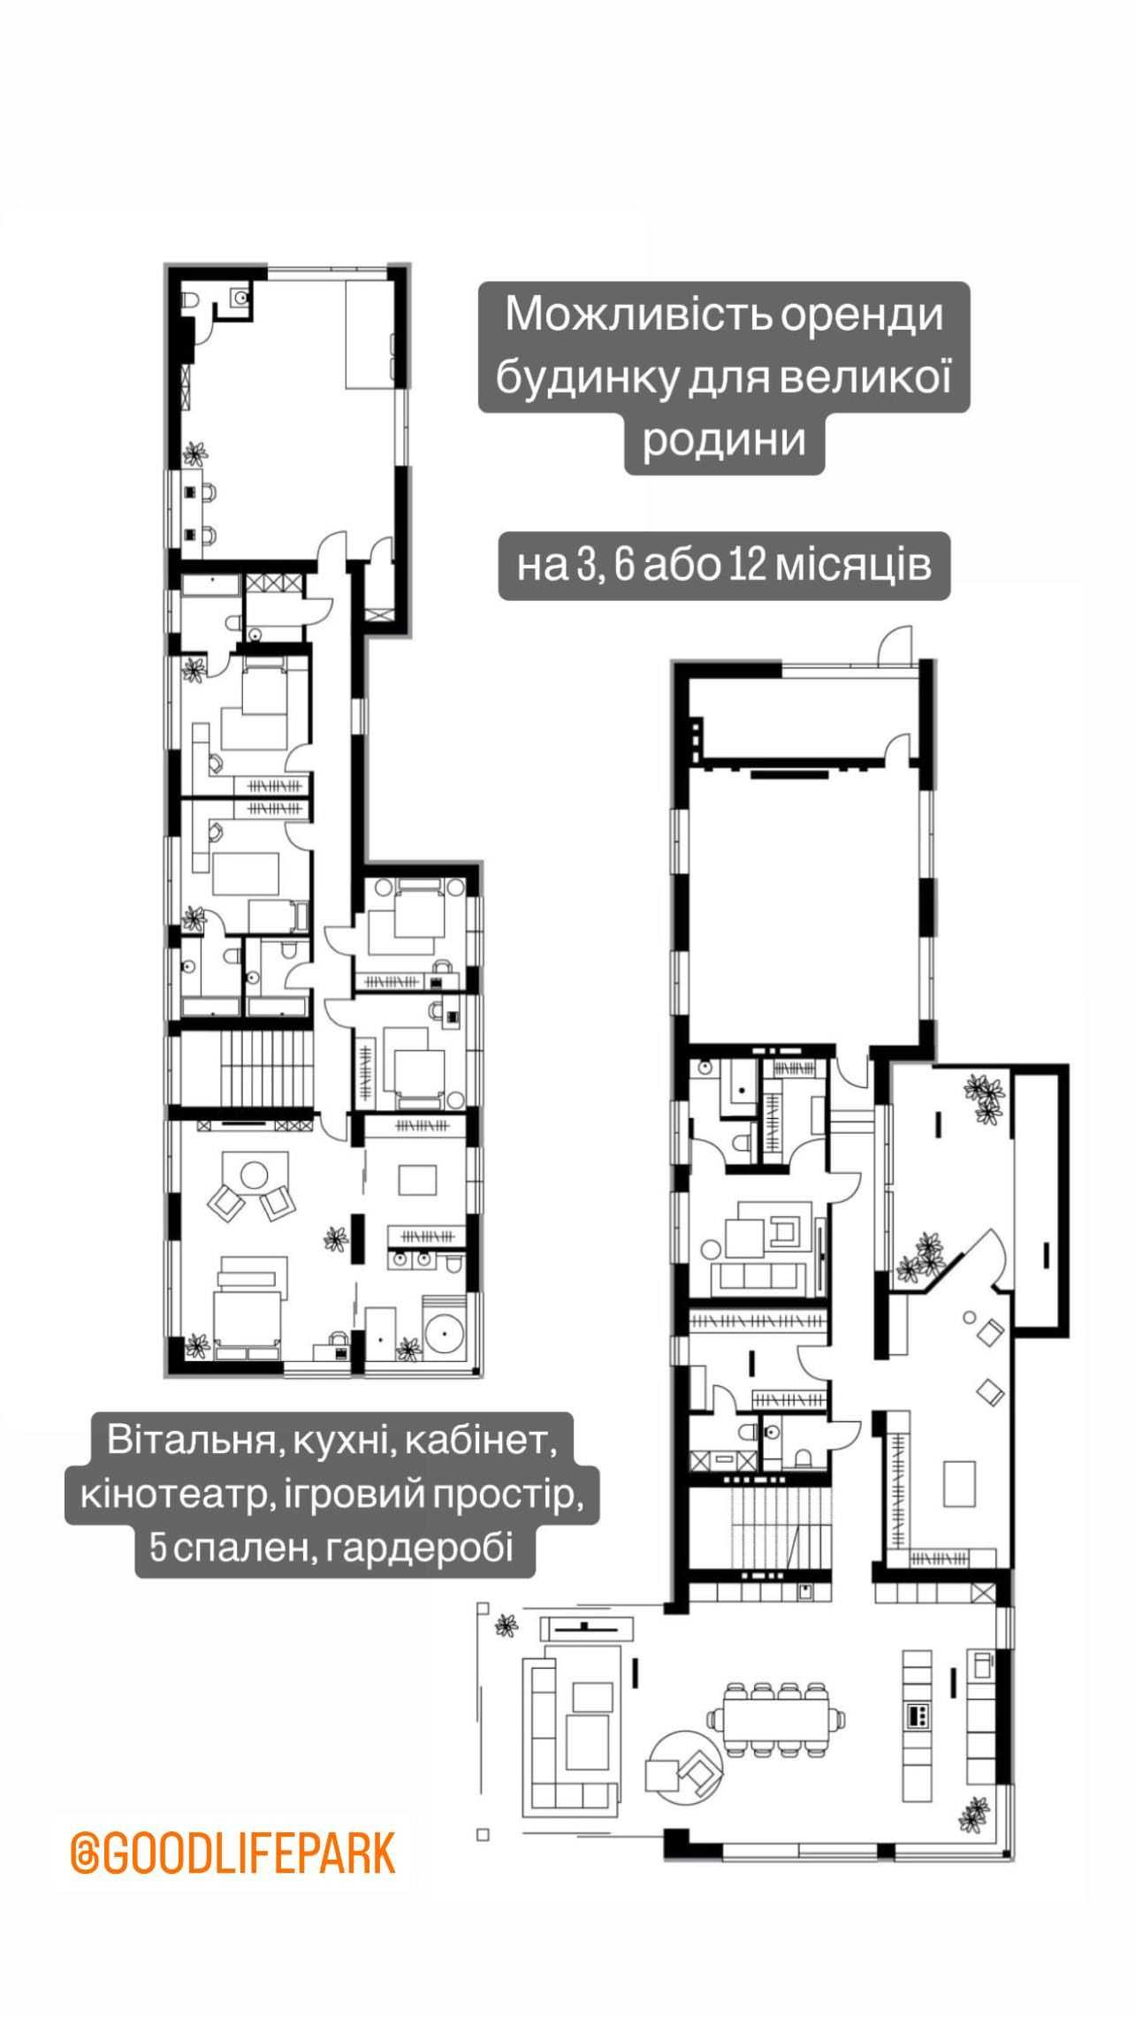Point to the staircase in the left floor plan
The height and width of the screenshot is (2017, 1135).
(248, 1070)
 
